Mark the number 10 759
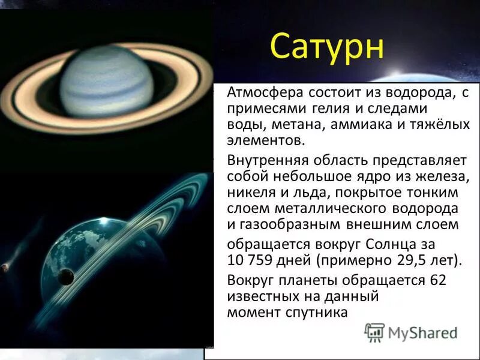click(x=251, y=260)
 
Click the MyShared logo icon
click(x=375, y=332)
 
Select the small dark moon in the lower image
click(x=65, y=277)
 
